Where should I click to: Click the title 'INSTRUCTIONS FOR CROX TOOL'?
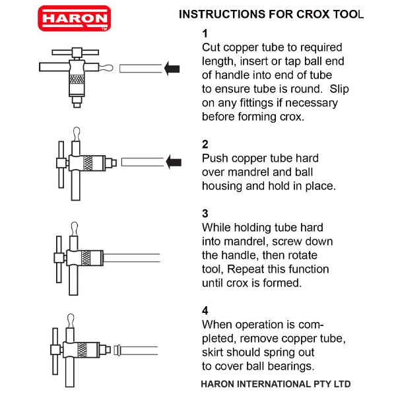tap(271, 15)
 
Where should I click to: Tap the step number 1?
tap(205, 34)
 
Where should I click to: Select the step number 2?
tap(205, 144)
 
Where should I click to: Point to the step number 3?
tap(205, 213)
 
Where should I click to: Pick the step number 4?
tap(205, 310)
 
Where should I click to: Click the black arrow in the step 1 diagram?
tap(172, 67)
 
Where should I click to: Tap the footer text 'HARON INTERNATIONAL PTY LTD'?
tap(276, 383)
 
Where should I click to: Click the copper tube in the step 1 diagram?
tap(141, 68)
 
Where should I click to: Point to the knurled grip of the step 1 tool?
tap(78, 83)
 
